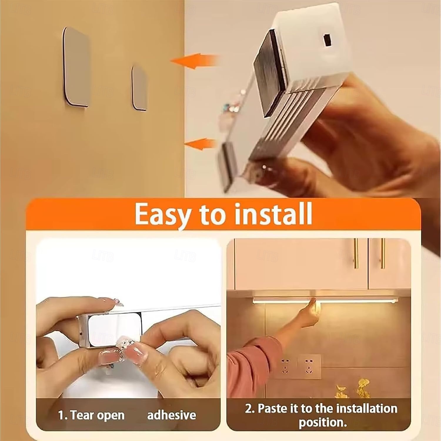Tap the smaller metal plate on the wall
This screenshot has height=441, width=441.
[139, 88]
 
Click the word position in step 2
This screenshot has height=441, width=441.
[323, 422]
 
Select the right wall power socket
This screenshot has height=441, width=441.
[309, 366]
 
